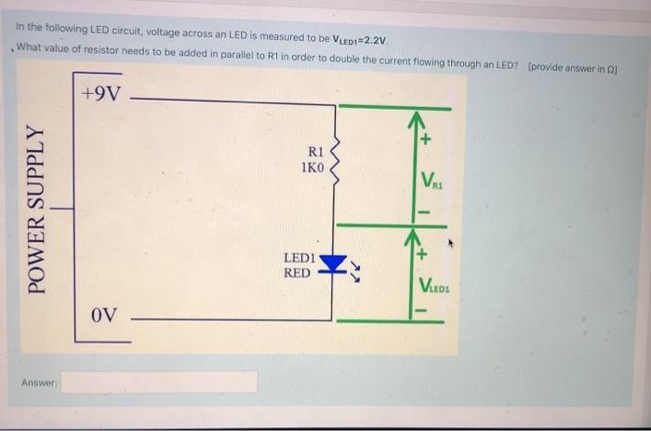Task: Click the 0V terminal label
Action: point(104,315)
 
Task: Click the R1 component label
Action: point(312,153)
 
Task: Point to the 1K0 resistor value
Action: point(312,168)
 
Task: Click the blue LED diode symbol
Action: point(332,265)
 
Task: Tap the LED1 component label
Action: point(300,258)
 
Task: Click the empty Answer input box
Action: point(159,382)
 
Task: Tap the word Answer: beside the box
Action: point(39,383)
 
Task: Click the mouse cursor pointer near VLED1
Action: point(453,247)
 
